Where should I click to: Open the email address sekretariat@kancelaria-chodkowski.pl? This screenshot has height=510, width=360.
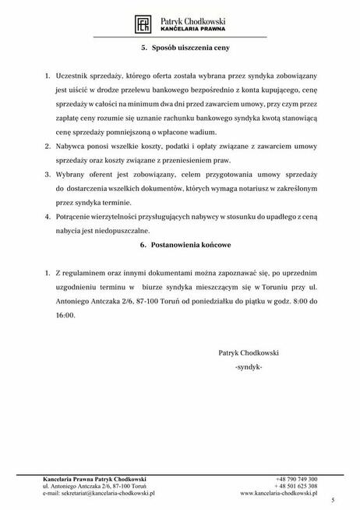click(x=99, y=494)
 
